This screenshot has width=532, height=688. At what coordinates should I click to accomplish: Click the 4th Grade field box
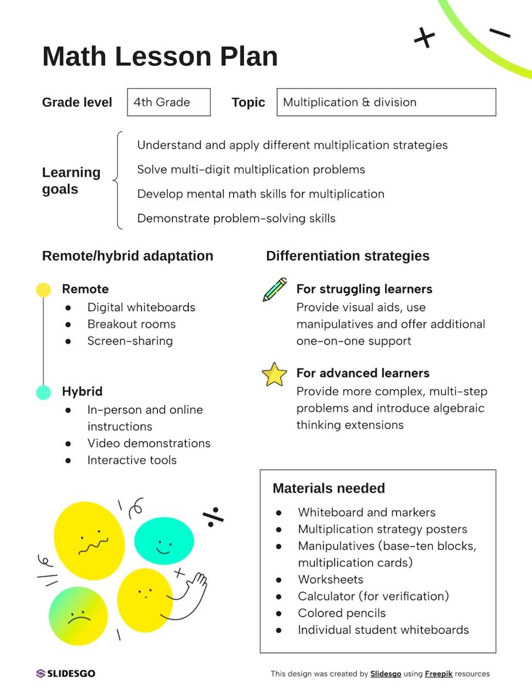click(169, 102)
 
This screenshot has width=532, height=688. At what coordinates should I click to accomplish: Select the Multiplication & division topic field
click(386, 102)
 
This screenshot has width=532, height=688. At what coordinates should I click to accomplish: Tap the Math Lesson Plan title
click(160, 56)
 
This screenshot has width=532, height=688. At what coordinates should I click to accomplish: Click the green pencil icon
click(275, 289)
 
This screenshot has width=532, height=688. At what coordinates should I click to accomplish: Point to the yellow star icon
click(274, 375)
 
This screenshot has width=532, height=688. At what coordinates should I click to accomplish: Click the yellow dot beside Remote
click(44, 290)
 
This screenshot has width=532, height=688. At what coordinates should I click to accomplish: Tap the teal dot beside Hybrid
click(44, 392)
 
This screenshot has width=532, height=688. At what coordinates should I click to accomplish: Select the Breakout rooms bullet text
click(131, 324)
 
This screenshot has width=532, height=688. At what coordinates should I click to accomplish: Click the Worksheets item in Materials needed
click(330, 579)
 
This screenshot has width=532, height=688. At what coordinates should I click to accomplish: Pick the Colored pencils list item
click(342, 613)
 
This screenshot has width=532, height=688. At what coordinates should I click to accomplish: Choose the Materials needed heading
click(329, 488)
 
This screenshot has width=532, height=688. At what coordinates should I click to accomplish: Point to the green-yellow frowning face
click(78, 616)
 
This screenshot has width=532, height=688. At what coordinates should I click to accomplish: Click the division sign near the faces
click(212, 517)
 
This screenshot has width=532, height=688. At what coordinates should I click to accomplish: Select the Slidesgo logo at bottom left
click(66, 673)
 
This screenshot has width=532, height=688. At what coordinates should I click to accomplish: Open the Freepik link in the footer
click(438, 674)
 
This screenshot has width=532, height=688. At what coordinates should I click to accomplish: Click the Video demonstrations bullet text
click(149, 443)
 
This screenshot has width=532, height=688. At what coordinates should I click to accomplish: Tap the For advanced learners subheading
click(363, 373)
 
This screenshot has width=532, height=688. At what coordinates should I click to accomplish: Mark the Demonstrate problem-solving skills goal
click(236, 218)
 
